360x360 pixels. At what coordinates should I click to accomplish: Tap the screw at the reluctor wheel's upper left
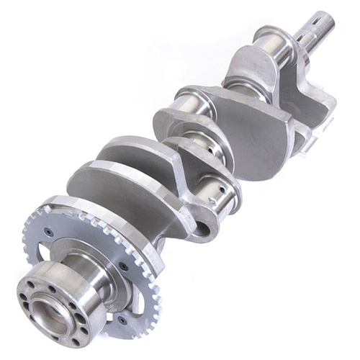click(48, 230)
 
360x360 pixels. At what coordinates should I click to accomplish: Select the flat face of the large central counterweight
click(248, 130)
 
